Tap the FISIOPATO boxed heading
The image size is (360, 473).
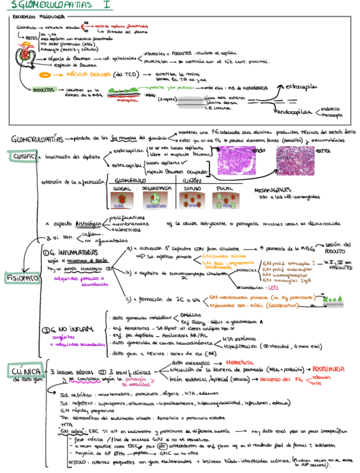coord(21,277)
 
